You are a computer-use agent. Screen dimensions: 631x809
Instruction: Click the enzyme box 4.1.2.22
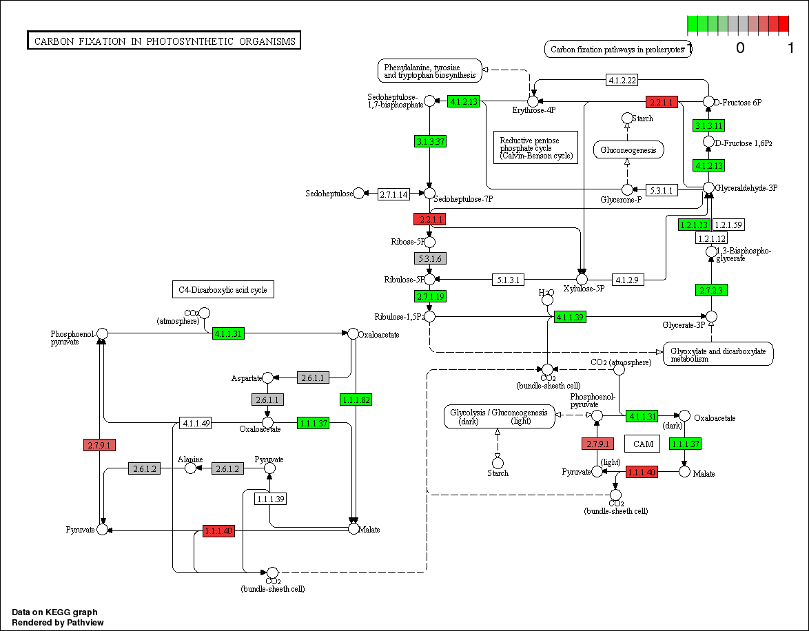[622, 80]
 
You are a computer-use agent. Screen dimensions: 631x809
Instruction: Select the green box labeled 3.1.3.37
[431, 141]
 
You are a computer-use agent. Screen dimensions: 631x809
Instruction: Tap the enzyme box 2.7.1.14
[393, 194]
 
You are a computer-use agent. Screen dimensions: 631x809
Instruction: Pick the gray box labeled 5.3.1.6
[430, 258]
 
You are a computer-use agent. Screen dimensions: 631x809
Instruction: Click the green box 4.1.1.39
[570, 317]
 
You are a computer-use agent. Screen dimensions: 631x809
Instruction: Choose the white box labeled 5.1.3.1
[509, 280]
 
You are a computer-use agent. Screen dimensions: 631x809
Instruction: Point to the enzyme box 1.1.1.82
[356, 400]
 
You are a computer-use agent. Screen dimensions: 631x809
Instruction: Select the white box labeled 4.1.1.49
[195, 423]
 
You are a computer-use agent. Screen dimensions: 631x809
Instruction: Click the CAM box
[643, 444]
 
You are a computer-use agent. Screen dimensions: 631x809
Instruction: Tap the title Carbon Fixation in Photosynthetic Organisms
[164, 41]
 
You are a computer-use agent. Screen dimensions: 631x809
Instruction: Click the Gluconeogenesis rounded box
[628, 149]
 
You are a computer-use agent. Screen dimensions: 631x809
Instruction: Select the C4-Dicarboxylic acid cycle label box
[223, 290]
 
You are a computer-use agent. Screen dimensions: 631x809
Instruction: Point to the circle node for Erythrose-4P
[533, 101]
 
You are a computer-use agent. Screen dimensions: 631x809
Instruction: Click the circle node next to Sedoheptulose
[359, 194]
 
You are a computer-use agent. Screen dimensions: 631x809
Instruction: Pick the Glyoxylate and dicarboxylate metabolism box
[717, 354]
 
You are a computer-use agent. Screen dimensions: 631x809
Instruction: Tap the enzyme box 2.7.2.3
[712, 290]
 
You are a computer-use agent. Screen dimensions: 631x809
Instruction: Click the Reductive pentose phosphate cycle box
[536, 147]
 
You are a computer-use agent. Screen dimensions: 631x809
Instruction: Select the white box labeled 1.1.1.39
[271, 498]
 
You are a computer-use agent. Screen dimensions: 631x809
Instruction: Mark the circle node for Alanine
[190, 468]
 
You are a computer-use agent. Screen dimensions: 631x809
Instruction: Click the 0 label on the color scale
[740, 48]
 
